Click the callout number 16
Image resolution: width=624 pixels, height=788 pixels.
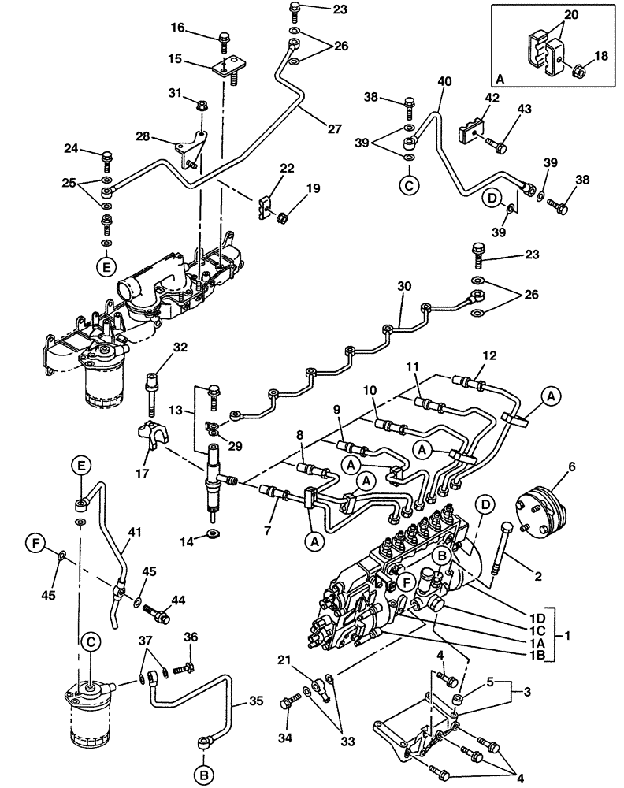(177, 28)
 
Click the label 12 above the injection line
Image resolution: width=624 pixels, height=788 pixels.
(489, 356)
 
